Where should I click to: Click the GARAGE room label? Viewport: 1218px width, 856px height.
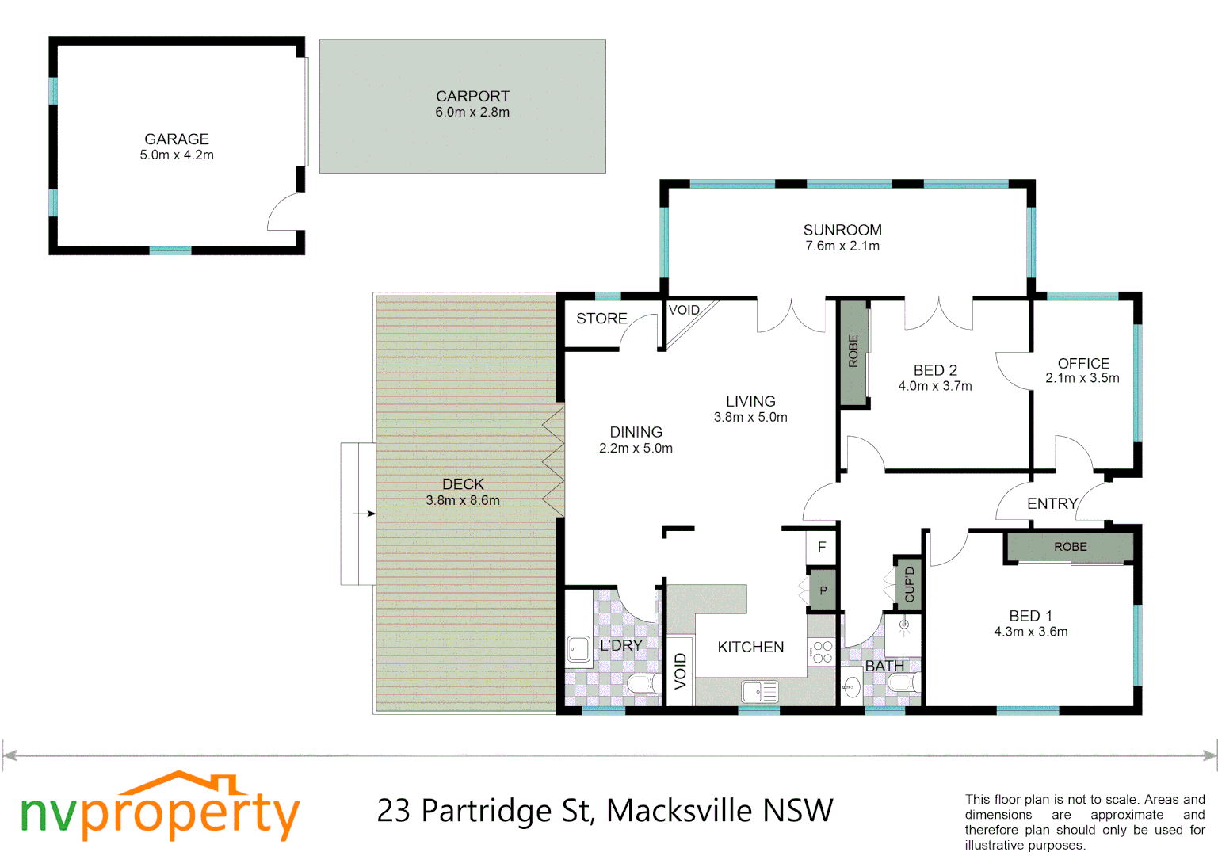(x=176, y=139)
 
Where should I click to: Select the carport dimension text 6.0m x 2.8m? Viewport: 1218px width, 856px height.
(x=472, y=113)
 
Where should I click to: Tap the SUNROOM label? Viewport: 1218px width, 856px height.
(x=842, y=230)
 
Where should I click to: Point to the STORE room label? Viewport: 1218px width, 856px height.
(x=601, y=319)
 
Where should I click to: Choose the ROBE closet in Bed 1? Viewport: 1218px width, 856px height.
(x=1070, y=547)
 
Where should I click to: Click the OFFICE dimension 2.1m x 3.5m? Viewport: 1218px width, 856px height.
(x=1082, y=378)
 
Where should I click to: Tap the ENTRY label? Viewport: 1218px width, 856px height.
(x=1052, y=504)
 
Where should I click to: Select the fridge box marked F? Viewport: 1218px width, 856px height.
(x=822, y=547)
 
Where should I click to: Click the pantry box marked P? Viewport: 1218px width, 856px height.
(x=823, y=590)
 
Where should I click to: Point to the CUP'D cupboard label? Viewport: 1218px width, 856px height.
(x=909, y=584)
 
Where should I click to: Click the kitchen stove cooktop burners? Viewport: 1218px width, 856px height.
(x=822, y=652)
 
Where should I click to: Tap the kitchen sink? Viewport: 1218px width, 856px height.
(x=759, y=692)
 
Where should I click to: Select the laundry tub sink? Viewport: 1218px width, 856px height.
(x=578, y=649)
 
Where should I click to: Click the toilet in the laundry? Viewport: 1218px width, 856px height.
(x=643, y=683)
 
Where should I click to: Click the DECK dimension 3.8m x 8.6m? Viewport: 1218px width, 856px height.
(x=463, y=501)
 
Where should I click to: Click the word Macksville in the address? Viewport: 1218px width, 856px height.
(x=680, y=811)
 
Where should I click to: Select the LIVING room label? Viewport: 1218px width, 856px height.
(x=750, y=402)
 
